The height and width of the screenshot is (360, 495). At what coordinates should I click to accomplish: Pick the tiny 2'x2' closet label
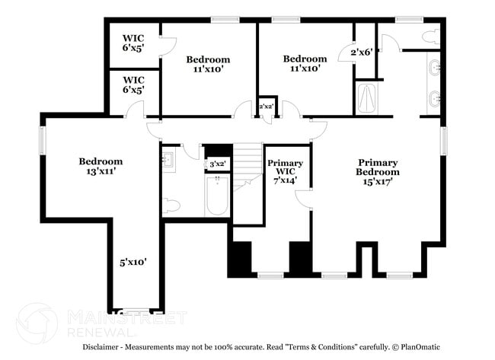(266, 106)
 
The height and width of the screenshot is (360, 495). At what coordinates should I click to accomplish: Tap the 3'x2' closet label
(217, 164)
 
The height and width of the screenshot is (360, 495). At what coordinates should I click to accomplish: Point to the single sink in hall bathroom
(169, 160)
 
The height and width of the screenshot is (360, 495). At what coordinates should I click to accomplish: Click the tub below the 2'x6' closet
(366, 98)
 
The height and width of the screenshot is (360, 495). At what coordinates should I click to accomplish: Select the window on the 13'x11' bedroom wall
(43, 142)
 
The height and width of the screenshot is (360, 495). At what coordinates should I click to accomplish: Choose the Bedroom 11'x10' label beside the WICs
(208, 64)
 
